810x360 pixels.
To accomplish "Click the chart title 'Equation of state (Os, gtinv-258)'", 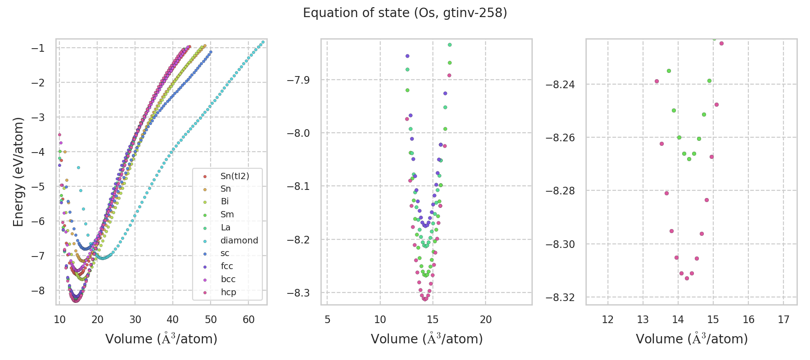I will [x=405, y=13].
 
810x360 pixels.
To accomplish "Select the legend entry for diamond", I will [x=239, y=240].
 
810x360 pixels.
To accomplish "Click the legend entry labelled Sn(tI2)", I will [x=234, y=176].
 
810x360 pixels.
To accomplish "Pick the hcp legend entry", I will [x=228, y=292].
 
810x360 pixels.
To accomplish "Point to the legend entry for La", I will [x=225, y=227].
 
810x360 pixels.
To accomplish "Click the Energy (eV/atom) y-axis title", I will [x=18, y=171].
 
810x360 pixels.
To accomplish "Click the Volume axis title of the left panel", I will [x=161, y=339].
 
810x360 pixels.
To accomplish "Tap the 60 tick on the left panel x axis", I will [x=248, y=319].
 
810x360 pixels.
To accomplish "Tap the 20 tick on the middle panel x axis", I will [x=486, y=319].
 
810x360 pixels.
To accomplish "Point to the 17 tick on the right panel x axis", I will [x=783, y=319].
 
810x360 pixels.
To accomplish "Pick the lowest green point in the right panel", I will [x=689, y=159].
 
